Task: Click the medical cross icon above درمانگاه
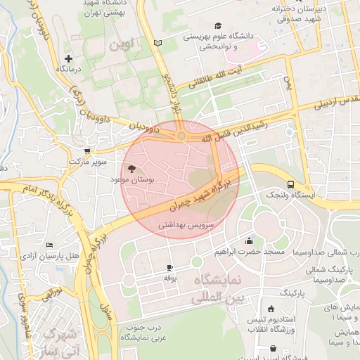click(x=68, y=58)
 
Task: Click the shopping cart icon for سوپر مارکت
click(x=87, y=150)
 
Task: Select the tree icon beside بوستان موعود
click(x=131, y=169)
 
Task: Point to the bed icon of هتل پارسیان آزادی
click(x=49, y=245)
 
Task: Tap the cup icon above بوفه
click(x=169, y=268)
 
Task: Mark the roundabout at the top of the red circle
click(x=181, y=135)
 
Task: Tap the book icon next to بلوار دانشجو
click(x=157, y=44)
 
